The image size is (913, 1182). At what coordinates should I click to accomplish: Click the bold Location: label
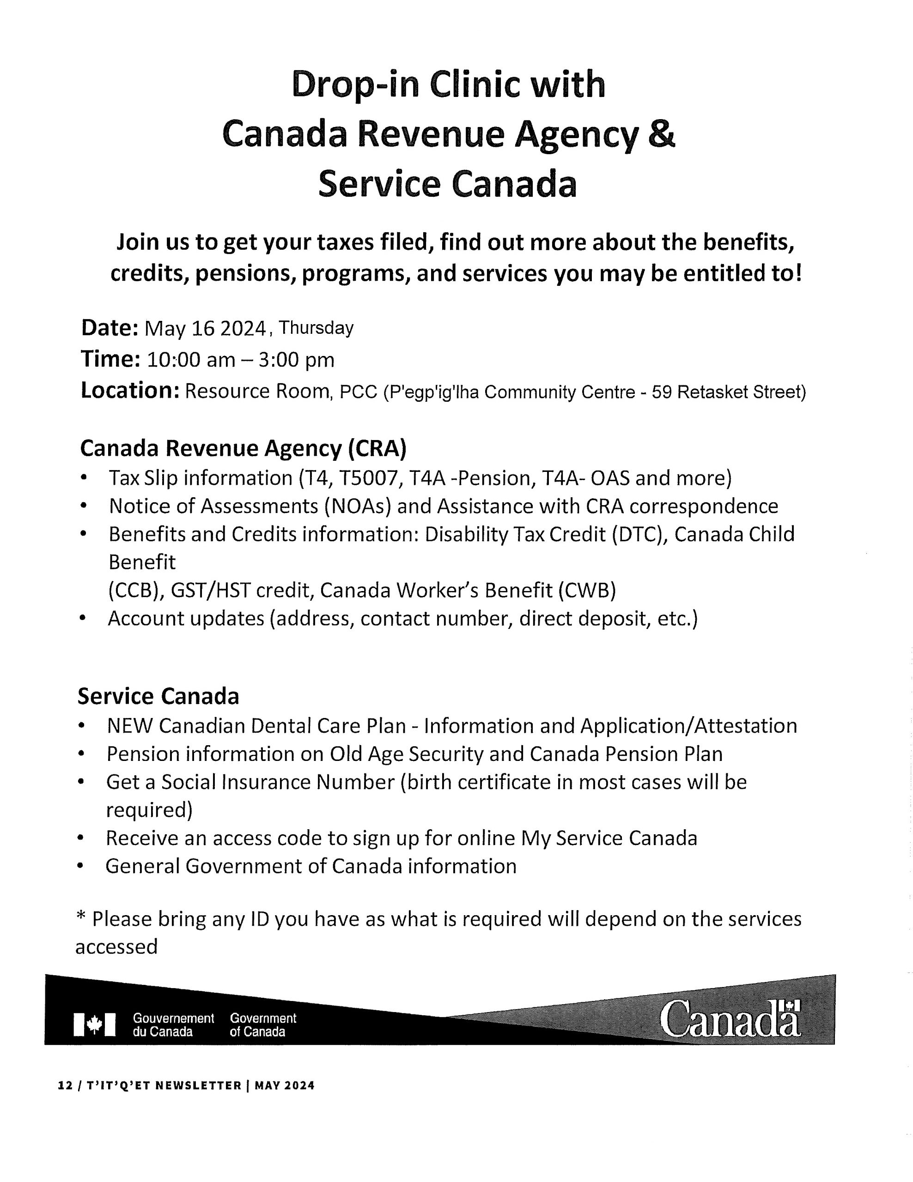click(130, 391)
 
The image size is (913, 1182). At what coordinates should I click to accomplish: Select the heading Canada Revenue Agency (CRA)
click(243, 448)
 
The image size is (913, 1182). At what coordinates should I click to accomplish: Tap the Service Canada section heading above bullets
click(158, 697)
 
